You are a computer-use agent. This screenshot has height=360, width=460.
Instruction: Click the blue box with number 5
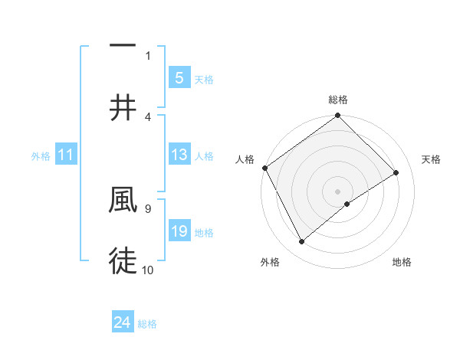(179, 77)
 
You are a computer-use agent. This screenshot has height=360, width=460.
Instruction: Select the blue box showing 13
(179, 155)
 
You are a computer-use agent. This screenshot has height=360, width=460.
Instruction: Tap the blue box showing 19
(179, 231)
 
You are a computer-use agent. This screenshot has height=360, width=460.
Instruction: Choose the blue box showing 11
(66, 155)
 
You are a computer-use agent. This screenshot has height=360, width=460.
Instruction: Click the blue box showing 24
(123, 322)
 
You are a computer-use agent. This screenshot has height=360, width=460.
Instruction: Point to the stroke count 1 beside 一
(148, 55)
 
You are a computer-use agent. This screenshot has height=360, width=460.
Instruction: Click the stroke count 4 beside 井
(148, 117)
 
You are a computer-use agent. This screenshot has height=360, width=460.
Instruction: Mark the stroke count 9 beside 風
(148, 208)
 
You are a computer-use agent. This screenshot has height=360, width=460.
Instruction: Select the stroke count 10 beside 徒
(148, 270)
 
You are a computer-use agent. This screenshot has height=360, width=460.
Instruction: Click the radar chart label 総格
(338, 100)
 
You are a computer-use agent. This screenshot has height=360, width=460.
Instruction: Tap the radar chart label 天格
(431, 159)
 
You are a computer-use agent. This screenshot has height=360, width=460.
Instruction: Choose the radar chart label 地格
(402, 262)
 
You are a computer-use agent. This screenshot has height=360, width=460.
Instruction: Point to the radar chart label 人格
(245, 159)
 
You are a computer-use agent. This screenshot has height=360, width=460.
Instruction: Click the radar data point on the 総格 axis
(338, 116)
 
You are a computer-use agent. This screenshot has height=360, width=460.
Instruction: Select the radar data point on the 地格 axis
(347, 204)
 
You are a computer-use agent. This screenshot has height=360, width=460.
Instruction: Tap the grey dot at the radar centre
(338, 191)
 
